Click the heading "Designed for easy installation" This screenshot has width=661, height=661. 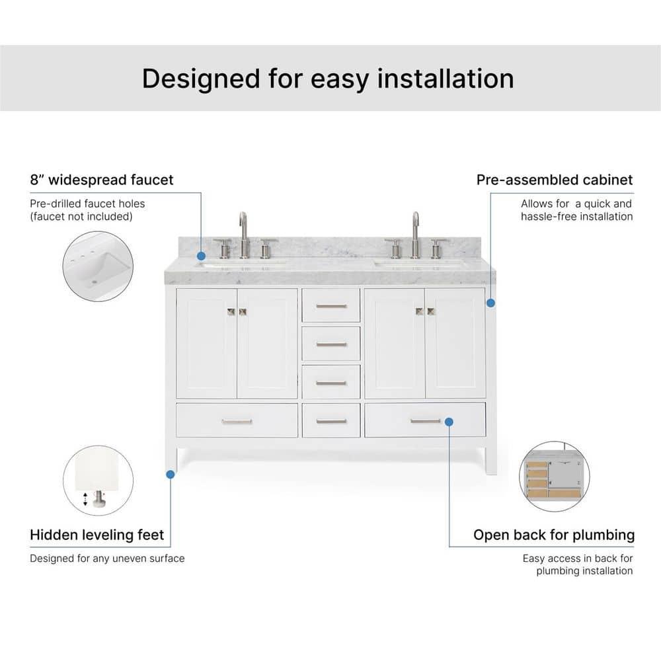[328, 78]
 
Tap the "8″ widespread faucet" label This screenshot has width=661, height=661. [102, 180]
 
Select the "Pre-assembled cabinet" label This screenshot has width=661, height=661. [555, 180]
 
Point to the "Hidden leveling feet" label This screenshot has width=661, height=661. [97, 535]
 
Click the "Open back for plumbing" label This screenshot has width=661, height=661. [554, 535]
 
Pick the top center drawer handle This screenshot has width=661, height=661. [331, 306]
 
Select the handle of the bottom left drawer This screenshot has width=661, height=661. [237, 421]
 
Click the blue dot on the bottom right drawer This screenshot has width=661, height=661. [449, 421]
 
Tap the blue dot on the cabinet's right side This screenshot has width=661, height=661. [490, 303]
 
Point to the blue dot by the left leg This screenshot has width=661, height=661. [171, 474]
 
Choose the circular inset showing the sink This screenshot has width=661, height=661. [98, 266]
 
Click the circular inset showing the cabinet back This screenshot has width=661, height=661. [555, 477]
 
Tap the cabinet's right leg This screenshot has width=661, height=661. [490, 459]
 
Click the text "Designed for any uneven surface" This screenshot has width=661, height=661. [107, 559]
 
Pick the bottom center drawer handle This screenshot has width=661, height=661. [331, 421]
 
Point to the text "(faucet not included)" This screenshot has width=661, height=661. [81, 216]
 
